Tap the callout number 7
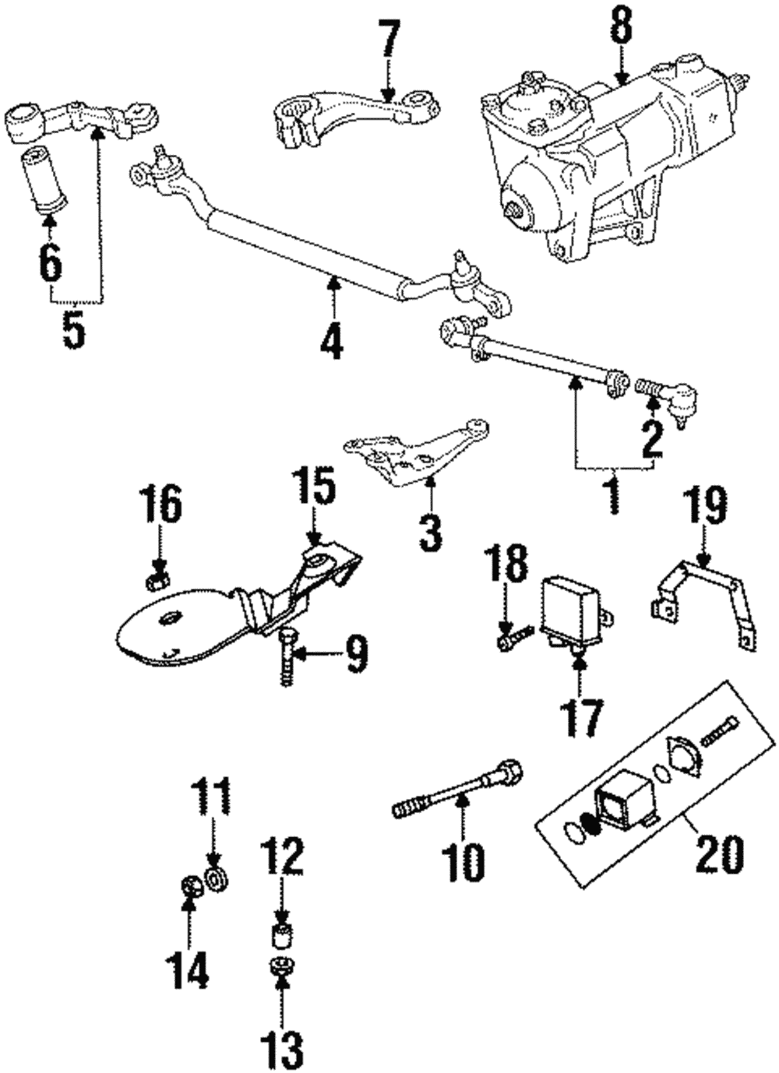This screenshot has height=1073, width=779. [389, 40]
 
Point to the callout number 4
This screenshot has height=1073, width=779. [332, 339]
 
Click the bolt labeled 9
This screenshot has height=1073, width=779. [285, 658]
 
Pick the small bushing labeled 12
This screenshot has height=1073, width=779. [281, 934]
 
